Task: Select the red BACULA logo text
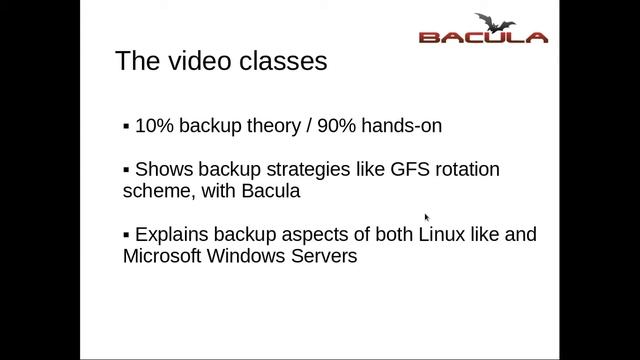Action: coord(482,38)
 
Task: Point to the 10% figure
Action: coord(153,127)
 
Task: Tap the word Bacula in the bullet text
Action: coord(270,191)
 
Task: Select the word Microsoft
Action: coord(162,256)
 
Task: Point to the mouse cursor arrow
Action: coord(427,217)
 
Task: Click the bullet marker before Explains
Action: coord(126,235)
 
